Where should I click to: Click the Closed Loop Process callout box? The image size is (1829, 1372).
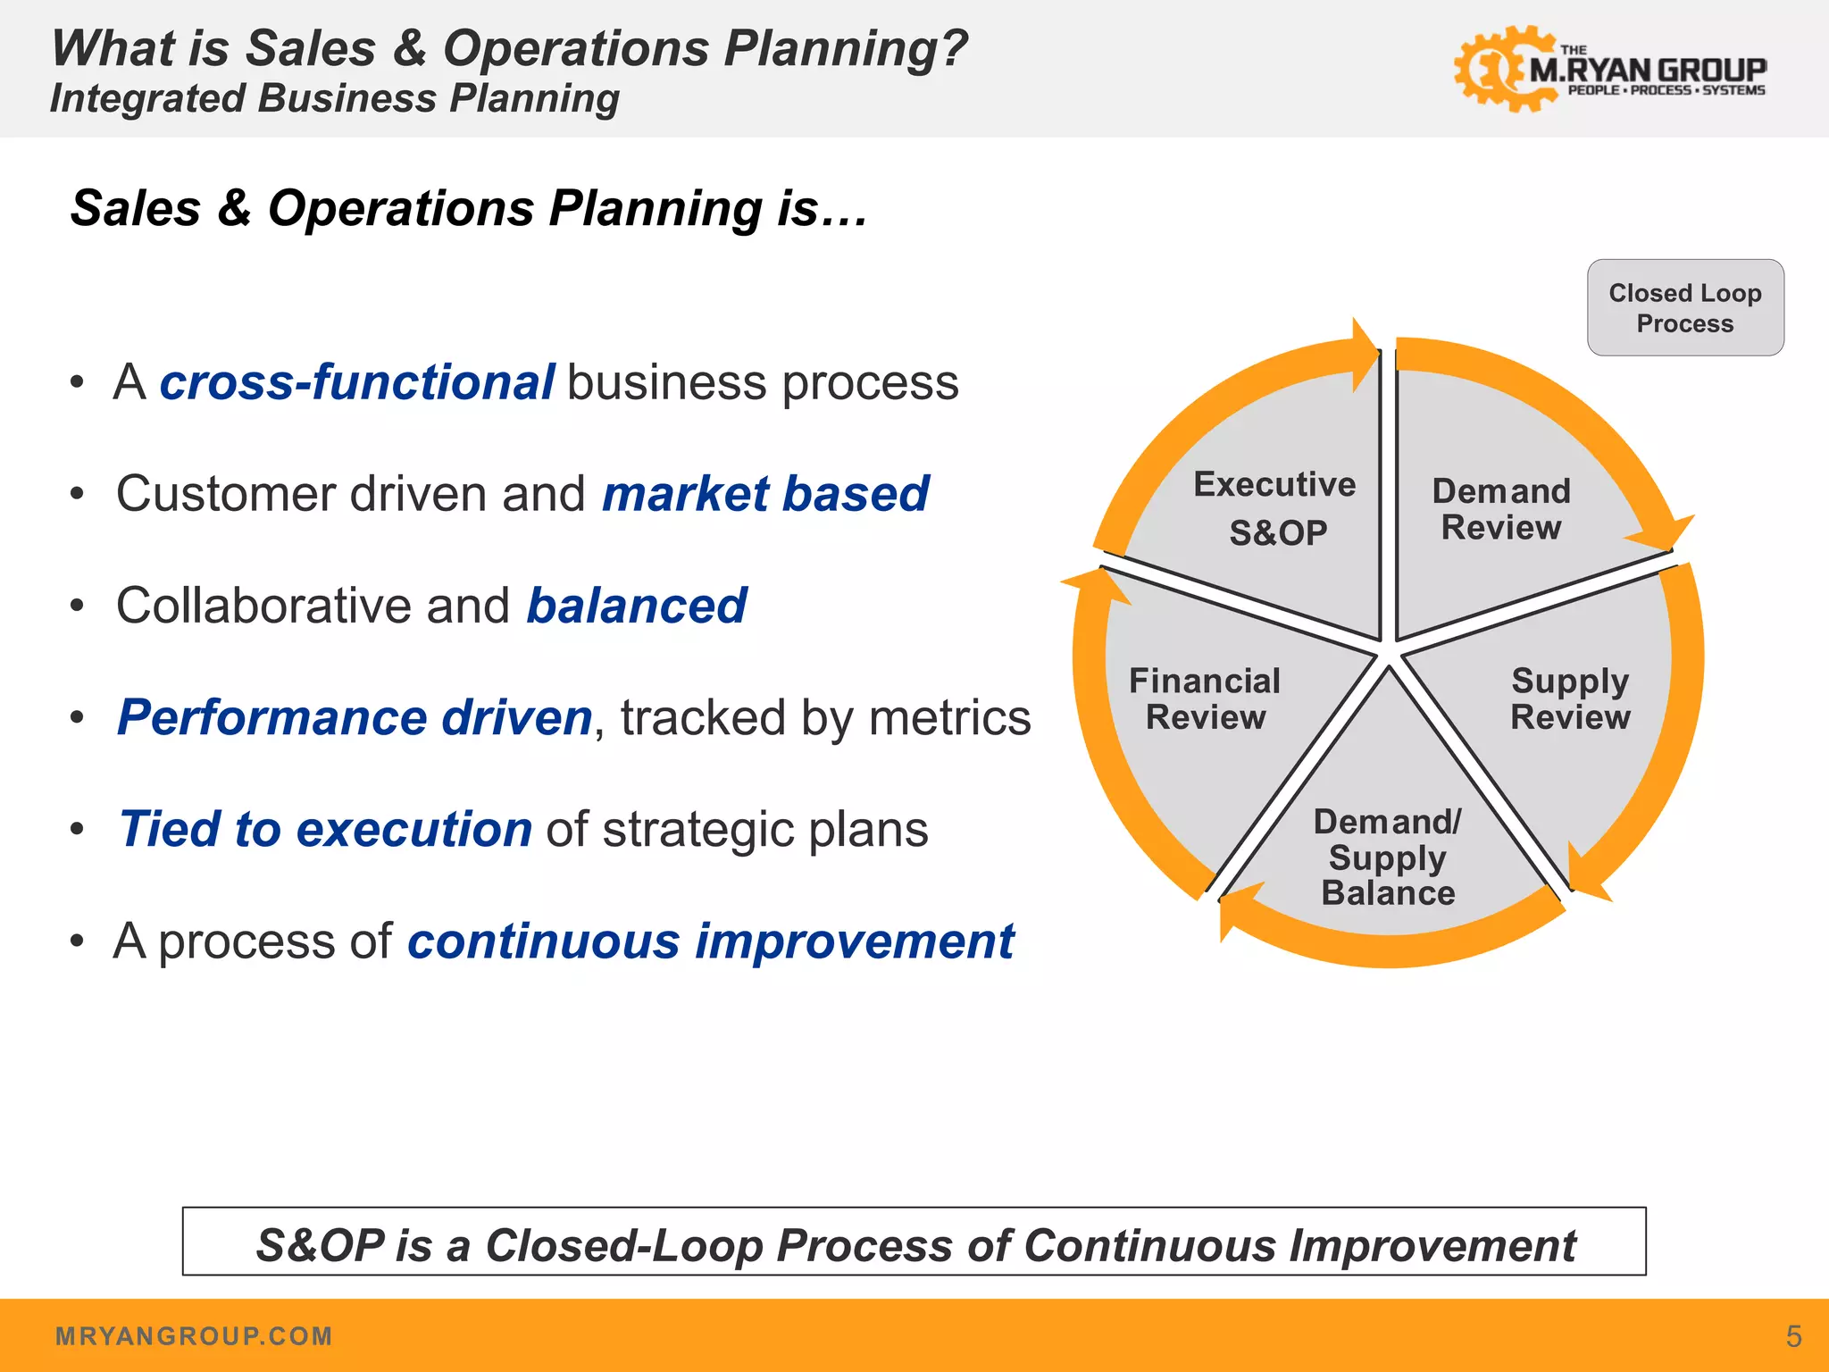pos(1684,307)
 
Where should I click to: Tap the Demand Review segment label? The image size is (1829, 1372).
pos(1501,509)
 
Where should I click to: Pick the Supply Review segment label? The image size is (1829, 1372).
pos(1570,699)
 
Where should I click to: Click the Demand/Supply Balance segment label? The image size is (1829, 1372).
pos(1388,857)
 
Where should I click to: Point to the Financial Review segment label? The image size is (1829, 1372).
pos(1205,699)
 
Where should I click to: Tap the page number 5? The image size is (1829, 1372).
pos(1793,1336)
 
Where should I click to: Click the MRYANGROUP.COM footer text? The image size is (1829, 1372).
pos(194,1336)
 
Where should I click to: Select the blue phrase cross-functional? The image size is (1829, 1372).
pos(357,382)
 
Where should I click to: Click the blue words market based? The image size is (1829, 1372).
pos(765,494)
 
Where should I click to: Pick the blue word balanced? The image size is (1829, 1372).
pos(636,606)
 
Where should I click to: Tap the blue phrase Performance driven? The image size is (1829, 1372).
pos(355,717)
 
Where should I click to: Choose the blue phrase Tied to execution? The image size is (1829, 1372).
pos(326,829)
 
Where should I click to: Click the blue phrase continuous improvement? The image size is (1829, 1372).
pos(711,941)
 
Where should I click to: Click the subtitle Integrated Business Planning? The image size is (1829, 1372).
pos(335,98)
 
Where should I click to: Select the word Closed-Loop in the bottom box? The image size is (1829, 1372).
pos(623,1245)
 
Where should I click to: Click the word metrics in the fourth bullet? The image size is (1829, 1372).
pos(949,717)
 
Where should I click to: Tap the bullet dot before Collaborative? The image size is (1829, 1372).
pos(78,607)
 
